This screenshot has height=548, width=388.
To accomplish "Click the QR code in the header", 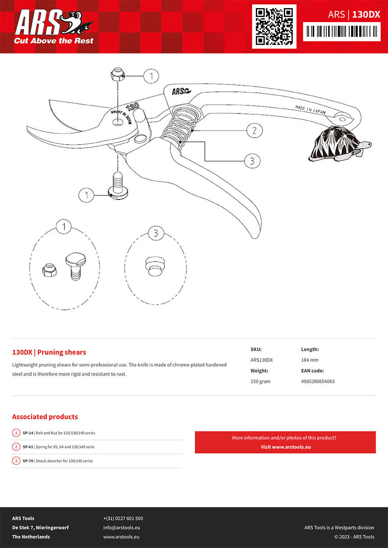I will coord(274,26).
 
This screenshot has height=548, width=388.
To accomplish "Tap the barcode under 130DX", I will coord(342,32).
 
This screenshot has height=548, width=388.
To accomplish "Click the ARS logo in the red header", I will coord(53,28).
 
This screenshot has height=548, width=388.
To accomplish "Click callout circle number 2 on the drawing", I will coord(254,131).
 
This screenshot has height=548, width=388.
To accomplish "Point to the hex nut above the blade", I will coord(117,74).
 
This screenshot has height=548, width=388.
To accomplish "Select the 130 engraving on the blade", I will coord(132,107).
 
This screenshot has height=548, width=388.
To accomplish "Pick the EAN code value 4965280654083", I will coord(318,381).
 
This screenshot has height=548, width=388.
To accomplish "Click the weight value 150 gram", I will coord(261,381).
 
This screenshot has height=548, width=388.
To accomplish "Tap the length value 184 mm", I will coord(309,360).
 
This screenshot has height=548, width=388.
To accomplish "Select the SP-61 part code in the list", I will coord(28,447).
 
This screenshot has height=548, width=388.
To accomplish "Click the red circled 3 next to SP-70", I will coord(16,461).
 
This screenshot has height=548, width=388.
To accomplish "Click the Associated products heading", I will coord(45,417).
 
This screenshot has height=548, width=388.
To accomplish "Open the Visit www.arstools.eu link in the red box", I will coord(286,447).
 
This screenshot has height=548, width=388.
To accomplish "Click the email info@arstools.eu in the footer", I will coord(121,528).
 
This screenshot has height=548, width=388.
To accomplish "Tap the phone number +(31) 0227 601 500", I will coord(123,518).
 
